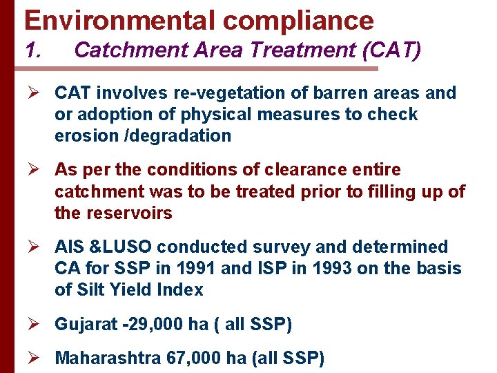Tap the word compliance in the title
pyautogui.click(x=298, y=20)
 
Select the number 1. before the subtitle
pyautogui.click(x=35, y=50)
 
